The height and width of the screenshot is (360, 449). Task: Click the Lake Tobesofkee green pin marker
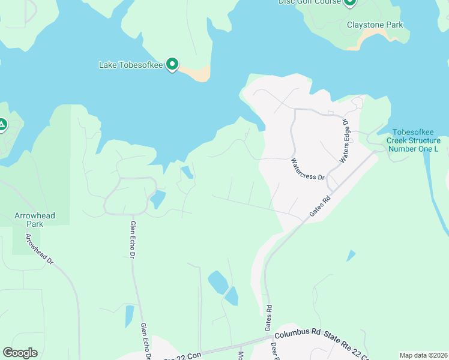[172, 64]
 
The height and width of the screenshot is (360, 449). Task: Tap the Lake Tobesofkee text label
[131, 64]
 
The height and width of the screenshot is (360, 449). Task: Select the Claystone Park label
[375, 25]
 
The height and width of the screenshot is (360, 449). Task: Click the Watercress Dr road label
[307, 169]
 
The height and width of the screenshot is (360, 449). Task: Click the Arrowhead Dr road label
[40, 250]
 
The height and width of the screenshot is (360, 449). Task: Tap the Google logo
[20, 353]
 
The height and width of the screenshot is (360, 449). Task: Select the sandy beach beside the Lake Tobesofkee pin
[197, 74]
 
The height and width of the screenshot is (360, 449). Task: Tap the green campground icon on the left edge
[2, 125]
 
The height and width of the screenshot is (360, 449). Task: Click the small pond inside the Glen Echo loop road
[157, 199]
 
